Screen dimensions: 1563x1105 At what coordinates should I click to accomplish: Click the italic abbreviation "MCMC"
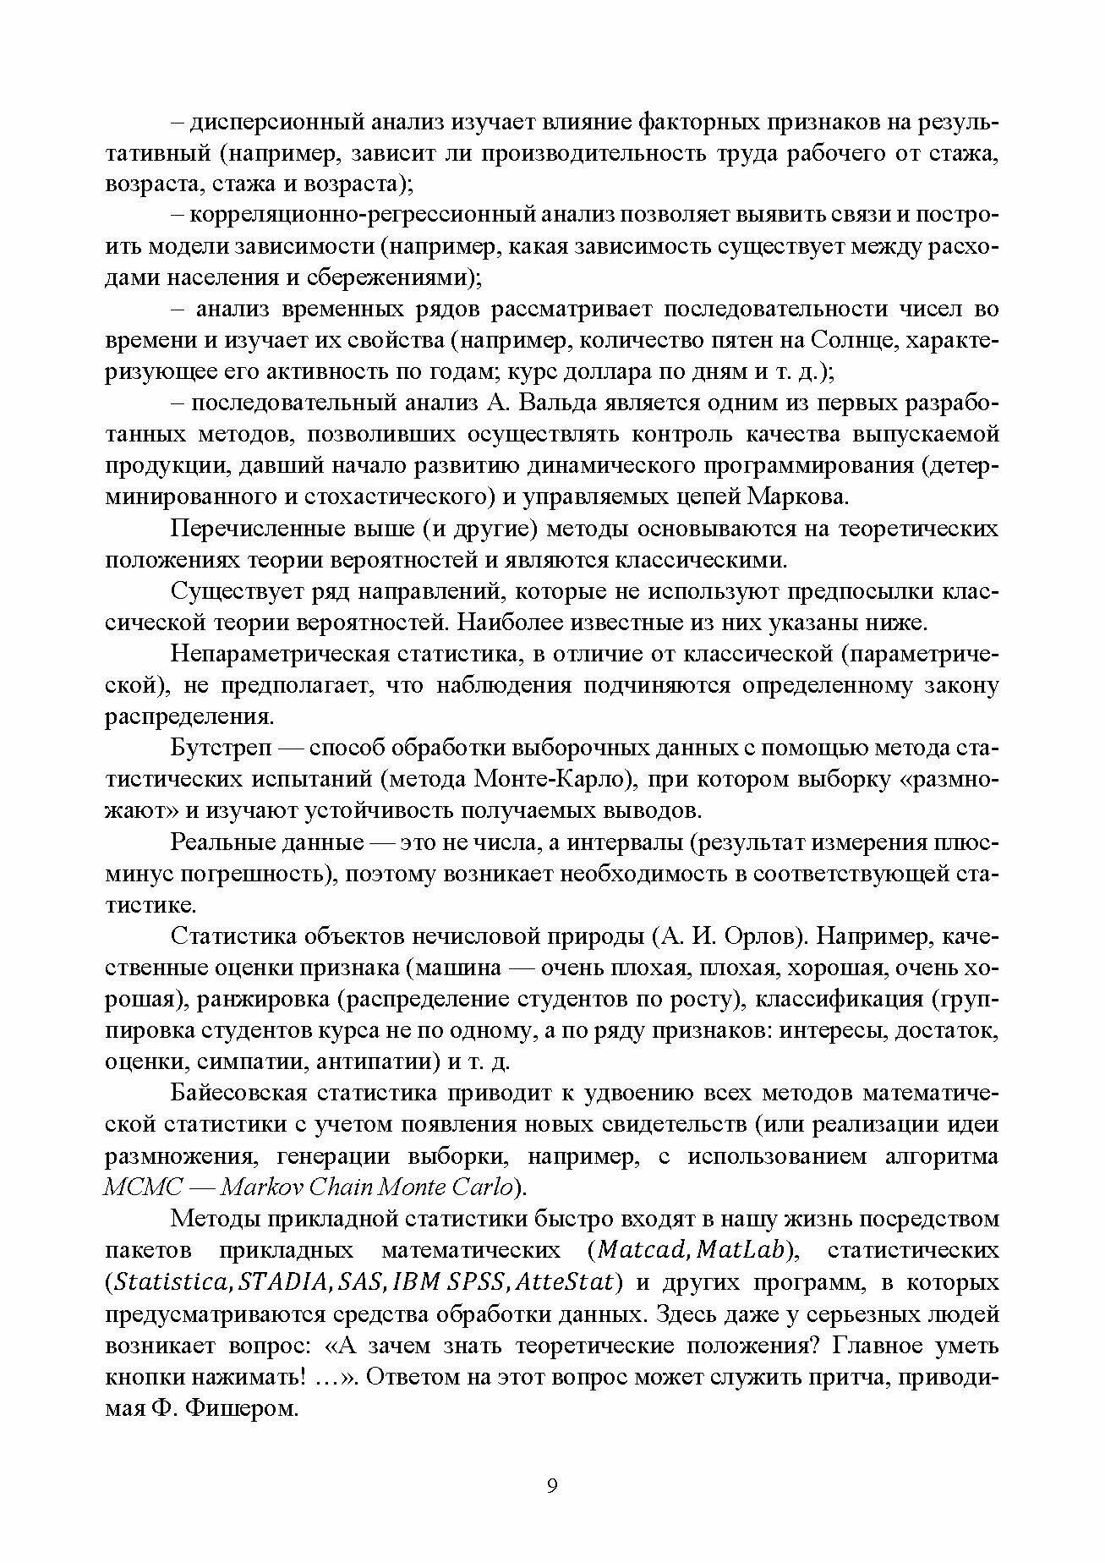[143, 1187]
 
